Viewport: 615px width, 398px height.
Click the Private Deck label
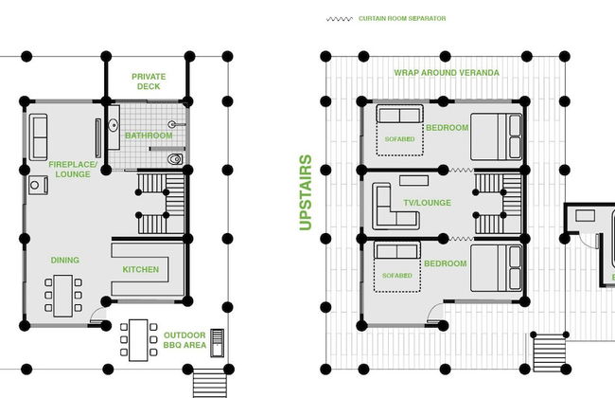click(x=149, y=81)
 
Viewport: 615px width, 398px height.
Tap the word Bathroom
click(x=149, y=136)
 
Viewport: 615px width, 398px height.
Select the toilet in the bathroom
click(x=175, y=159)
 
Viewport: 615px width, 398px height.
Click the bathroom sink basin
click(x=113, y=125)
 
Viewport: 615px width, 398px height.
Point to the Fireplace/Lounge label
click(x=73, y=170)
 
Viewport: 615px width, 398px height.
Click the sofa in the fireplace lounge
click(x=38, y=137)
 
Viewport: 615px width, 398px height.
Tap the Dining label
click(x=65, y=260)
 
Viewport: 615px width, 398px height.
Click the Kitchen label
click(x=141, y=269)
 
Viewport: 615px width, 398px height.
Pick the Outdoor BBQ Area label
click(x=184, y=340)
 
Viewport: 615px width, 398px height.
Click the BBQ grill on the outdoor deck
click(x=218, y=343)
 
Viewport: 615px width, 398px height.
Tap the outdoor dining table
click(x=138, y=340)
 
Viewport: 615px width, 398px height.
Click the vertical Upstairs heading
click(x=306, y=192)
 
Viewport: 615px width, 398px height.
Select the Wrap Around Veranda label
click(x=447, y=73)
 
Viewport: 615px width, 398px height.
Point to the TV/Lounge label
click(x=427, y=203)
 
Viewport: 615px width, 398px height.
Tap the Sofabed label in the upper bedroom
click(x=399, y=139)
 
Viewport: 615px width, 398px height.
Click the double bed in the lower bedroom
click(x=496, y=268)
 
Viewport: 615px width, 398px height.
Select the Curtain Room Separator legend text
click(x=402, y=18)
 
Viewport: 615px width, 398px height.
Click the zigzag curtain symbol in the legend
click(x=340, y=19)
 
